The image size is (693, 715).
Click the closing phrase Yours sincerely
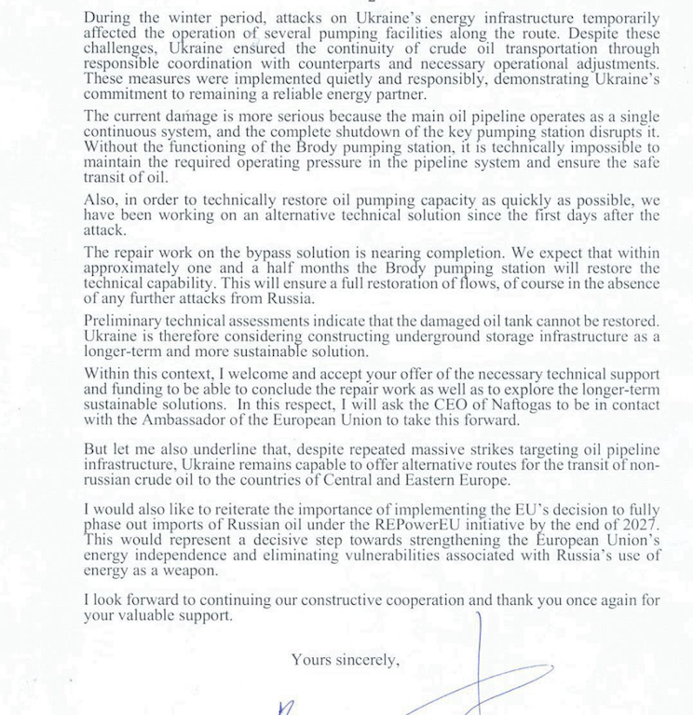346,660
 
